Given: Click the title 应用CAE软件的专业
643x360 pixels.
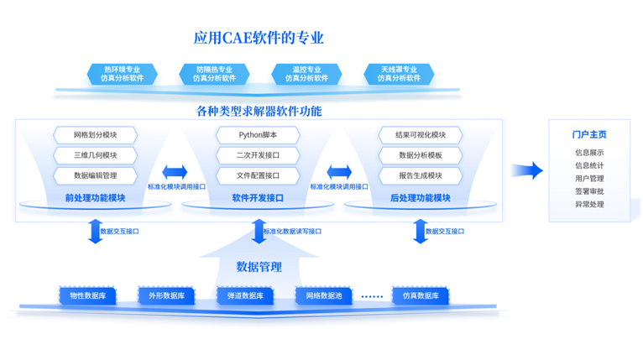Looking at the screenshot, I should pos(259,38).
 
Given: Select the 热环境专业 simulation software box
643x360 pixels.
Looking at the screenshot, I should pos(122,74).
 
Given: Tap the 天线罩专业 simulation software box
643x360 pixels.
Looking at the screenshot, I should pos(398,74).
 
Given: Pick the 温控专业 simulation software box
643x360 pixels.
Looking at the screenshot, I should pos(306,74).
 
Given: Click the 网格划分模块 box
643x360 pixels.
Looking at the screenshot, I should pos(95,135).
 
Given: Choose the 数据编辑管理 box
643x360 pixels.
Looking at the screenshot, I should pos(95,175).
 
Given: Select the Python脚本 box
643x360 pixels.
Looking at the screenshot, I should pos(258,135).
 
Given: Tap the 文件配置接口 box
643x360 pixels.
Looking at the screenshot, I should pos(258,175).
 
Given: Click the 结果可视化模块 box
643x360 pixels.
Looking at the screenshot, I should pos(421,135).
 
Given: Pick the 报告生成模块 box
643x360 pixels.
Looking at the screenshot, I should pos(421,175).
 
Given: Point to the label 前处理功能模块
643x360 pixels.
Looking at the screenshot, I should pos(95,198).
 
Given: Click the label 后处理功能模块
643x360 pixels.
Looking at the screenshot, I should pos(421,198).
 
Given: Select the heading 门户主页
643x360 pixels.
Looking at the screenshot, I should pos(589,134).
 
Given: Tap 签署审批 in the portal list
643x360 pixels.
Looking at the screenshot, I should pos(589,191).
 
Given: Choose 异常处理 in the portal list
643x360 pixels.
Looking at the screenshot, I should pos(589,204).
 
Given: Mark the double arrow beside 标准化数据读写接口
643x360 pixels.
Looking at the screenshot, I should pos(258,231).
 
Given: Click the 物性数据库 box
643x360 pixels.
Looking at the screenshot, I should pos(87,295).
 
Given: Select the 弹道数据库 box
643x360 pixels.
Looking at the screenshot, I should pos(245,295).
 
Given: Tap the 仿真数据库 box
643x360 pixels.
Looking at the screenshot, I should pos(420,295).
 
